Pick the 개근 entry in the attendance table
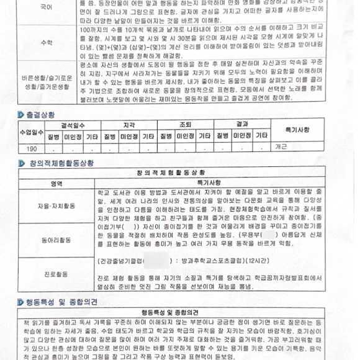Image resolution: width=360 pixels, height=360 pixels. (x=281, y=148)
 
